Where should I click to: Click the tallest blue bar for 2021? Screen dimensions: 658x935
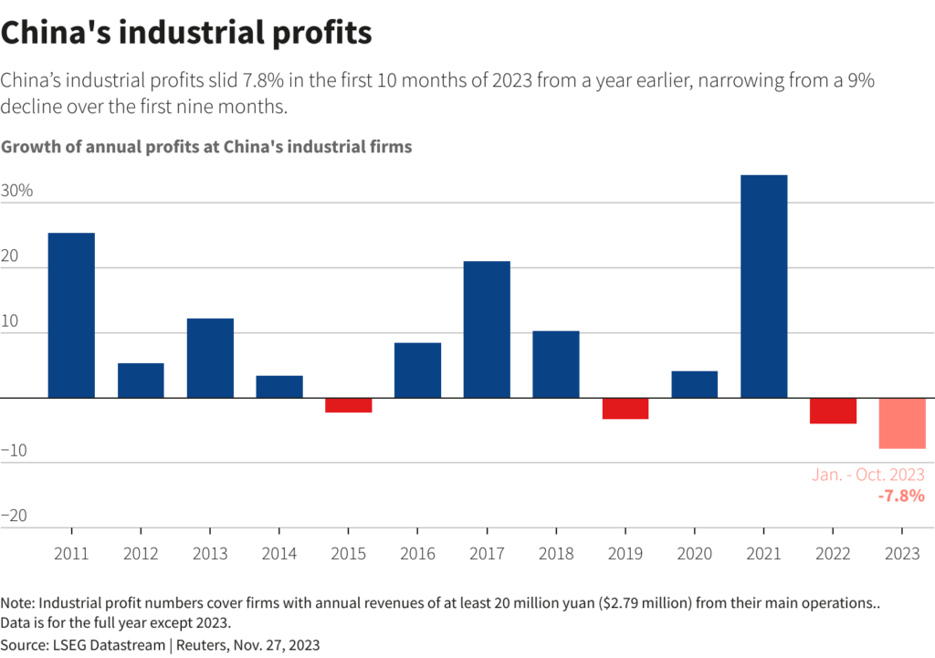(x=763, y=287)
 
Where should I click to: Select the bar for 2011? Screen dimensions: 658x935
(x=71, y=316)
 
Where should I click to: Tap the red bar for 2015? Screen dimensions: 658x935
(x=349, y=405)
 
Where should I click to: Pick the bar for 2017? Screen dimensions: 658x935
(x=487, y=329)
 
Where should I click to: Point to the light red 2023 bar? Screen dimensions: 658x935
(x=902, y=423)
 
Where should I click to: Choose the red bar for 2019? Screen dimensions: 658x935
(x=625, y=409)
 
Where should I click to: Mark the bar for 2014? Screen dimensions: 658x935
(x=279, y=387)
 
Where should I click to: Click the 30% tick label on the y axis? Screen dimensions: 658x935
(x=16, y=191)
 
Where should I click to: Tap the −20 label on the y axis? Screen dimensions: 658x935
(x=16, y=516)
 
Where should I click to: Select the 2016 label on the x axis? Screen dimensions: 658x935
(x=417, y=554)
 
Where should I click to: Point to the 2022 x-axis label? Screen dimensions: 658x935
(x=833, y=554)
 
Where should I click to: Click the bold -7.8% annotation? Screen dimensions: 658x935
(x=901, y=496)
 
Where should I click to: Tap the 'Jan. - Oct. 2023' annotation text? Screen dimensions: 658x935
(x=868, y=475)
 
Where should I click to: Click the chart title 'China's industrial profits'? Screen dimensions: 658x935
(x=186, y=33)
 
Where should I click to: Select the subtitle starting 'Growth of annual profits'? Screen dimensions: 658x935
(x=207, y=146)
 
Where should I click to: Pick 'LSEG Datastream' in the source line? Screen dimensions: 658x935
(x=108, y=644)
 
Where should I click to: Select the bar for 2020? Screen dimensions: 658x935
(x=695, y=384)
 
